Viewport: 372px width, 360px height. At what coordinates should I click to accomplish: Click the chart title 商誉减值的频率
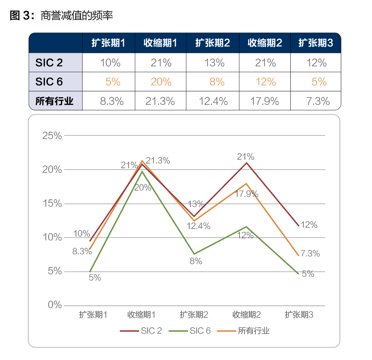coord(77,16)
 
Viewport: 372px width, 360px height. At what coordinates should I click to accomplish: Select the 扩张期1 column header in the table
coord(109,43)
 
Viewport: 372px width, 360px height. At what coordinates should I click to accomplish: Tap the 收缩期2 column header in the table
coord(265,43)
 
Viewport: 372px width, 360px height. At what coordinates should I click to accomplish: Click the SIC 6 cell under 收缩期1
coord(161,82)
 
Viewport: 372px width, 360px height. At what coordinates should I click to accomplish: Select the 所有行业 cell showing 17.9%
coord(265,101)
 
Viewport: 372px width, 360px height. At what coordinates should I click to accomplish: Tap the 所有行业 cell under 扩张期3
coord(315,101)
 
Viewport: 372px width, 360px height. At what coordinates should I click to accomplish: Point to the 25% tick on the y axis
coord(52,136)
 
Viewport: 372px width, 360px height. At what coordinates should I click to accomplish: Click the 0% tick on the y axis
coord(55,305)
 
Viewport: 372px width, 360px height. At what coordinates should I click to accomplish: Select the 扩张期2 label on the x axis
coord(194,315)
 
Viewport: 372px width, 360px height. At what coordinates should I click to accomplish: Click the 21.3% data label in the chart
coord(158,161)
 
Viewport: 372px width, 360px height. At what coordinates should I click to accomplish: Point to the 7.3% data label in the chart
coord(310,254)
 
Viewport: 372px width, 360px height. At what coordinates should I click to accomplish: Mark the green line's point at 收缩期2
coord(246,227)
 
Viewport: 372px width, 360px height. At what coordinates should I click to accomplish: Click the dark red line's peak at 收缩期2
coord(246,163)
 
